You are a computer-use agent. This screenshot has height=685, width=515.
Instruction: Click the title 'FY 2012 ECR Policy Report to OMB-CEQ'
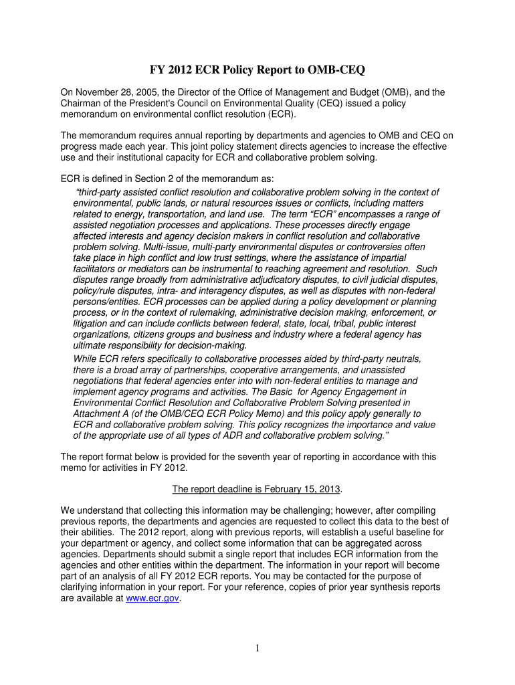(x=257, y=70)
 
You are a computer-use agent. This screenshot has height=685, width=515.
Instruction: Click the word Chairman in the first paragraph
(x=83, y=104)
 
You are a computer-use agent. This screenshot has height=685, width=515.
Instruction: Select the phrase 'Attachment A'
(x=101, y=414)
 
